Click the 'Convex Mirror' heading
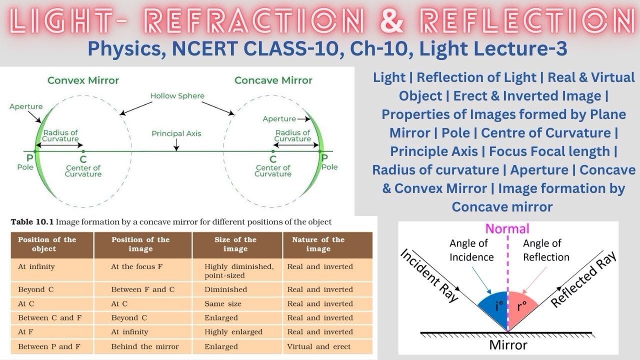click(x=83, y=80)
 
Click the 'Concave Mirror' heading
click(x=273, y=80)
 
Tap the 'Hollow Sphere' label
click(x=177, y=95)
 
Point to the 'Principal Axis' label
click(x=176, y=134)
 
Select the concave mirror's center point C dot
click(x=273, y=150)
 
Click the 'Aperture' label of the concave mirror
click(x=279, y=119)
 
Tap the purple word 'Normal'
click(x=507, y=229)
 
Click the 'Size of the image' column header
click(x=235, y=244)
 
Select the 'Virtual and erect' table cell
click(x=318, y=346)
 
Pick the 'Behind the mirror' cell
click(x=144, y=346)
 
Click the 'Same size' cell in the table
click(x=222, y=303)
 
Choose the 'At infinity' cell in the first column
click(x=36, y=266)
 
